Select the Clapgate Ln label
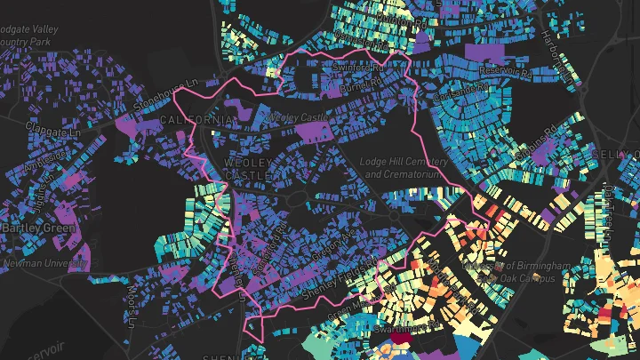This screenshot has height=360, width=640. [x=54, y=131]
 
